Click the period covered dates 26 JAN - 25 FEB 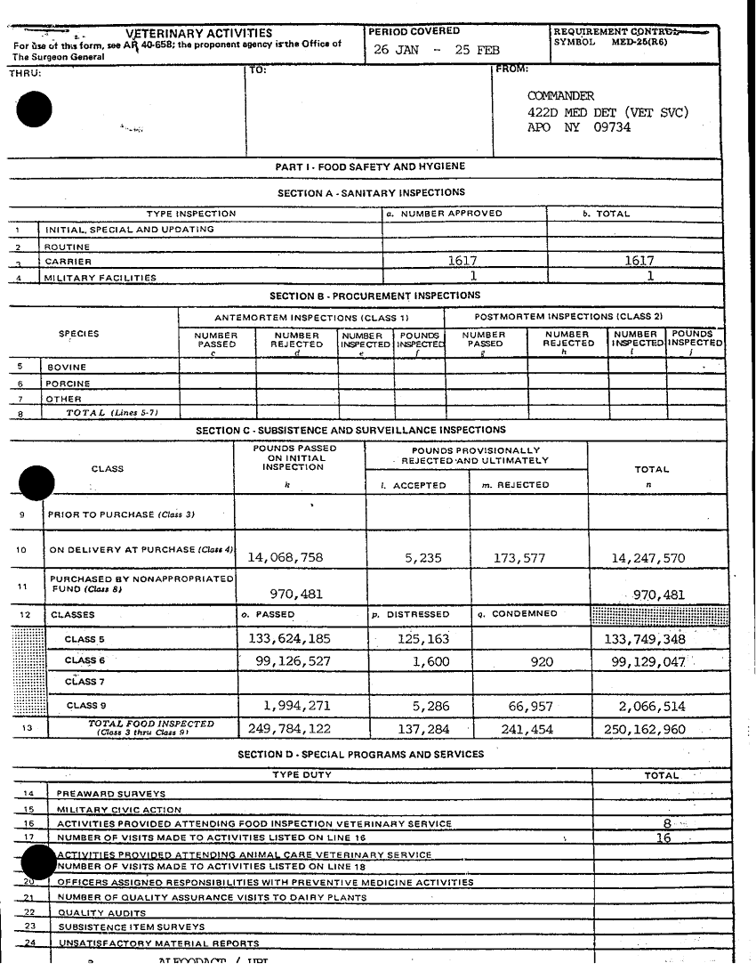436,50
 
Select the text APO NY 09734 579,127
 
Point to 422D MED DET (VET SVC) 607,112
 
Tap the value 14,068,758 285,558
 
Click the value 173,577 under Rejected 519,558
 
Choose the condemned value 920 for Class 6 541,662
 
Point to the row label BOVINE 67,368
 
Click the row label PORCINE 68,384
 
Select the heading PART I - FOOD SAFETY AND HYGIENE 370,166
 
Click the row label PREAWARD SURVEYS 110,794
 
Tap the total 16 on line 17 664,837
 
